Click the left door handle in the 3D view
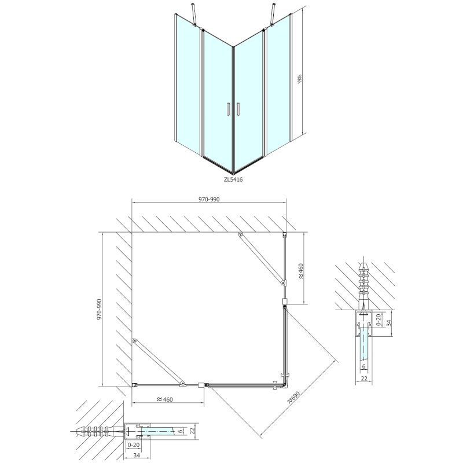click(x=229, y=110)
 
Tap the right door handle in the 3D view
click(x=237, y=110)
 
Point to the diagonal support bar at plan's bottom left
click(x=157, y=362)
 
